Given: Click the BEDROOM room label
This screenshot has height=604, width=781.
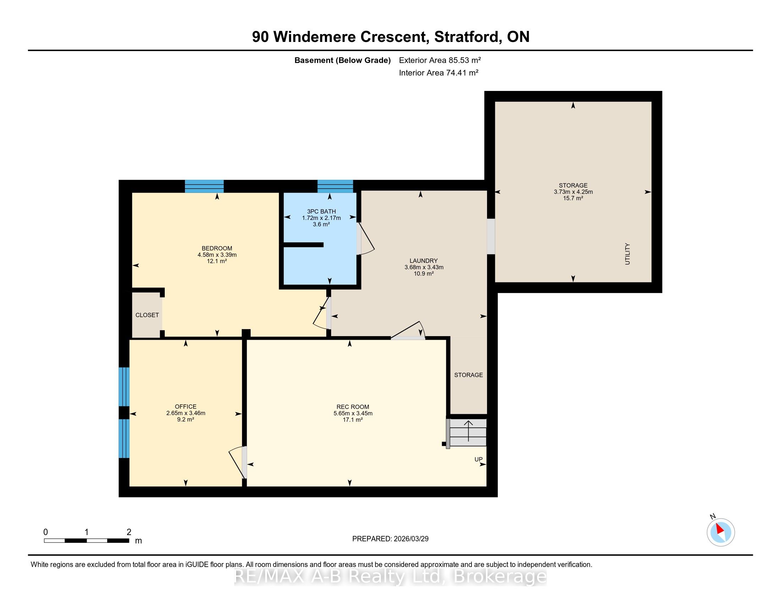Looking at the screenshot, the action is coord(217,248).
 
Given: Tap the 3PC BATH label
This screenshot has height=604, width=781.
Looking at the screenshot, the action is coord(321,211).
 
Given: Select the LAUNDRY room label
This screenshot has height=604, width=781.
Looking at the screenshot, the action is coord(424,261).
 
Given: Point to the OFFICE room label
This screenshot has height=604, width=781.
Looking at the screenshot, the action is coord(186,406).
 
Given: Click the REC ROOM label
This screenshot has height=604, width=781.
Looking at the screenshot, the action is coord(353,407).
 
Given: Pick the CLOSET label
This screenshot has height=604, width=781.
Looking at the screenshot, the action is coord(147,315).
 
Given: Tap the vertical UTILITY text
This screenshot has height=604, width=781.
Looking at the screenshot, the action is coord(627,254).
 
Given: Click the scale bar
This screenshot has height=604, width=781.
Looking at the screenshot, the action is coord(87,541).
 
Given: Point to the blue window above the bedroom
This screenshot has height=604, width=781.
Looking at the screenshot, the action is coord(204,186).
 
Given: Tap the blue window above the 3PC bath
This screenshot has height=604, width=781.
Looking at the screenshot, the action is coord(335,186).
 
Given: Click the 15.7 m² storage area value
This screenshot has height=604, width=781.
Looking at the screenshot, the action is coord(573,198).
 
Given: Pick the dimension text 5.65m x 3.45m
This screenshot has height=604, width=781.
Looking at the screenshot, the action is coord(353,413).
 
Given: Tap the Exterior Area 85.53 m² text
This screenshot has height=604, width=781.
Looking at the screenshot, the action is coord(440,60).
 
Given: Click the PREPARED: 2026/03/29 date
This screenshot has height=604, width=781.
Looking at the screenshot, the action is coord(390,539).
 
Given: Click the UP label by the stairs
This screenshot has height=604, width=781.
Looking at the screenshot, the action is coord(479,459).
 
